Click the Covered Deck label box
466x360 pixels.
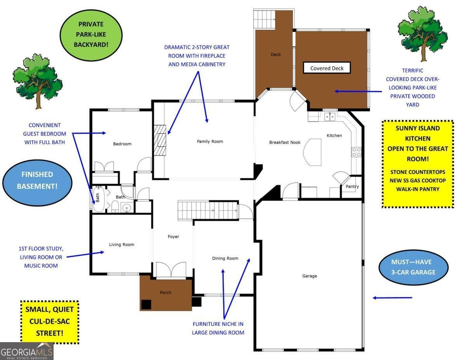pos(327,68)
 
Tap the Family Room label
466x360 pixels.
pos(210,141)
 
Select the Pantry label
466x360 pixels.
pos(352,187)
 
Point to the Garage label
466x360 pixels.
pos(310,276)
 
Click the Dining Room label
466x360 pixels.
pos(225,258)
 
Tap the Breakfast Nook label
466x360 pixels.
pos(285,143)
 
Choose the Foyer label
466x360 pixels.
pos(173,237)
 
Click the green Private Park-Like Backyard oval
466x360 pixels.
pos(91,34)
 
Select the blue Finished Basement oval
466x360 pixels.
pos(37,181)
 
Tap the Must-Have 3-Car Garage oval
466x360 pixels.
pos(414,267)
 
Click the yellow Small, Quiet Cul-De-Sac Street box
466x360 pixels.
pos(49,322)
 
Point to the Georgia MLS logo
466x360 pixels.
pos(27,351)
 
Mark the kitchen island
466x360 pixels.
pos(313,152)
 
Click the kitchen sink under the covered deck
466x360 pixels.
pos(330,116)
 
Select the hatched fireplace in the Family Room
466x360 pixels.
pos(160,140)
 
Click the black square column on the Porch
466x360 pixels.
pos(146,304)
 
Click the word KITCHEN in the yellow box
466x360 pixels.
pos(417,138)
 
